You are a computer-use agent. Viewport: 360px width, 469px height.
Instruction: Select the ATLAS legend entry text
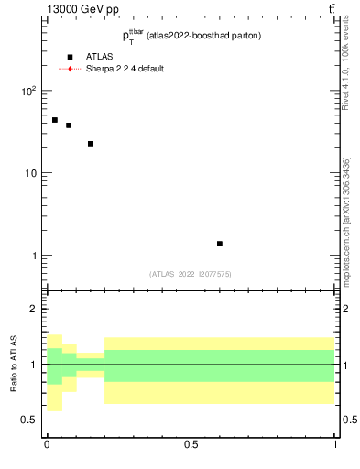[x=100, y=57]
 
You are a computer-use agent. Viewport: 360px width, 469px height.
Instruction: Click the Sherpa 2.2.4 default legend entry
[x=125, y=69]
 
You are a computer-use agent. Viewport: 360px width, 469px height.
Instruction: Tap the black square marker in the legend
[x=70, y=57]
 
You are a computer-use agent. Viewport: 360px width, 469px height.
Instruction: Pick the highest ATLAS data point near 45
[x=55, y=120]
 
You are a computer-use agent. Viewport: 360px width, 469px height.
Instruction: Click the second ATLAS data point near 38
[x=69, y=125]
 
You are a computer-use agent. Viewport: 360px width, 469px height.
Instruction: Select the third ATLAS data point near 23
[x=91, y=144]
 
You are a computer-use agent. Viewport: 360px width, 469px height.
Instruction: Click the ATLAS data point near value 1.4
[x=220, y=244]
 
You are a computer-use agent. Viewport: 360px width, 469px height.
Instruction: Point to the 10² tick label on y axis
[x=28, y=92]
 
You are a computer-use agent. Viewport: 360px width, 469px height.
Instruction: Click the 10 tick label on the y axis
[x=30, y=173]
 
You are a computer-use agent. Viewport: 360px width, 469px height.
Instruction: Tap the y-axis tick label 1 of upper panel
[x=34, y=256]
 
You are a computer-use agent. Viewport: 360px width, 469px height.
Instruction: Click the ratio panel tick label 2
[x=33, y=309]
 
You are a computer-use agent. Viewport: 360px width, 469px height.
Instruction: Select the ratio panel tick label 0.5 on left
[x=28, y=420]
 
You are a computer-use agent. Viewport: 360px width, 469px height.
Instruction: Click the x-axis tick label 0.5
[x=191, y=444]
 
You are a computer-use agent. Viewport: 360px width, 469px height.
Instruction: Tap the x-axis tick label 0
[x=47, y=444]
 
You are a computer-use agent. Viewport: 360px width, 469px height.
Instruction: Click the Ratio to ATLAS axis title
[x=15, y=365]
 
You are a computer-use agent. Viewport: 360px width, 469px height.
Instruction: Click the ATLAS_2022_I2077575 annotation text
[x=191, y=273]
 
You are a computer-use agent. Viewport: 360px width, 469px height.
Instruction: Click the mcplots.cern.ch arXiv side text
[x=345, y=220]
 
